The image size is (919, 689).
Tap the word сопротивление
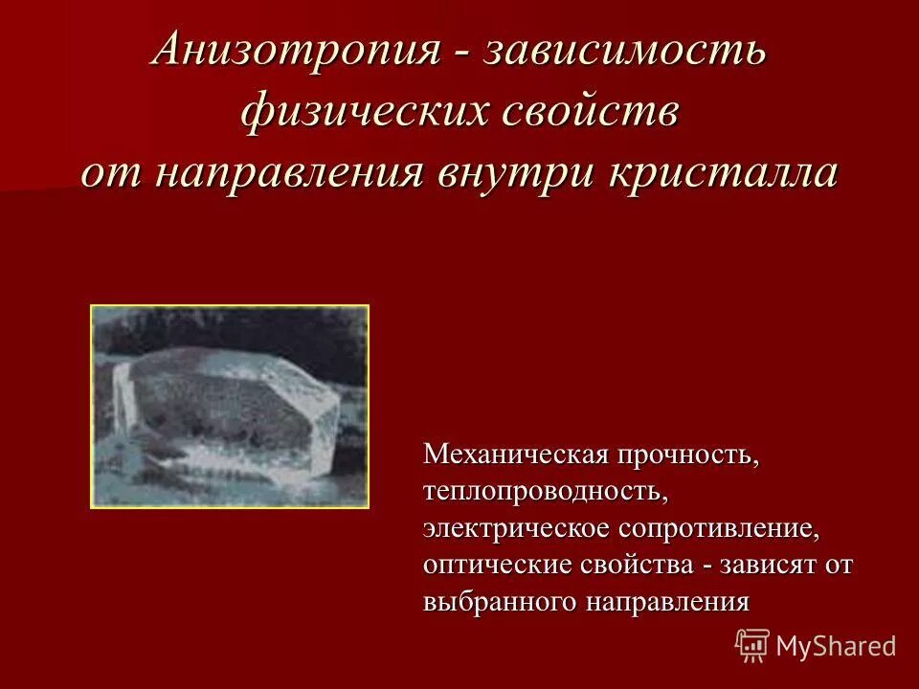coord(719,528)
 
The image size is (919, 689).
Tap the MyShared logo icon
coord(752,645)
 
